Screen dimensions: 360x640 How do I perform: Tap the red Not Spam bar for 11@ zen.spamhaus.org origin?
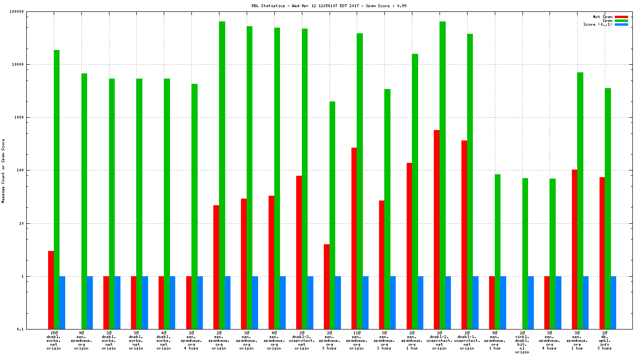coord(354,238)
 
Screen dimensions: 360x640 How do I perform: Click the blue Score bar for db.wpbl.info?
coord(613,302)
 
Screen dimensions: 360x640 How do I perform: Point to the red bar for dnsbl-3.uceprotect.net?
coord(299,252)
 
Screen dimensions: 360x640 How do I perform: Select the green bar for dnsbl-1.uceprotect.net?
coord(470,181)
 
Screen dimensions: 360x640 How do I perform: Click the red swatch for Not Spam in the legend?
coord(621,17)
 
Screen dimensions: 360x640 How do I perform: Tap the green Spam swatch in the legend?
coord(621,20)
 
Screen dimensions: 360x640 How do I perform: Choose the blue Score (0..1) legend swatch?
coord(621,24)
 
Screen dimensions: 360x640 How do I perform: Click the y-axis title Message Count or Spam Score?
coord(3,170)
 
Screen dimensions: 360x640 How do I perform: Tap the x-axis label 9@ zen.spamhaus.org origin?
coord(81,341)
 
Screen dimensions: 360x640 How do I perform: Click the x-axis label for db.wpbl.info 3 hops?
coord(605,341)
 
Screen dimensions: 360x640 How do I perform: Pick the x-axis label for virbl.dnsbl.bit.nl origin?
coord(522,343)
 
